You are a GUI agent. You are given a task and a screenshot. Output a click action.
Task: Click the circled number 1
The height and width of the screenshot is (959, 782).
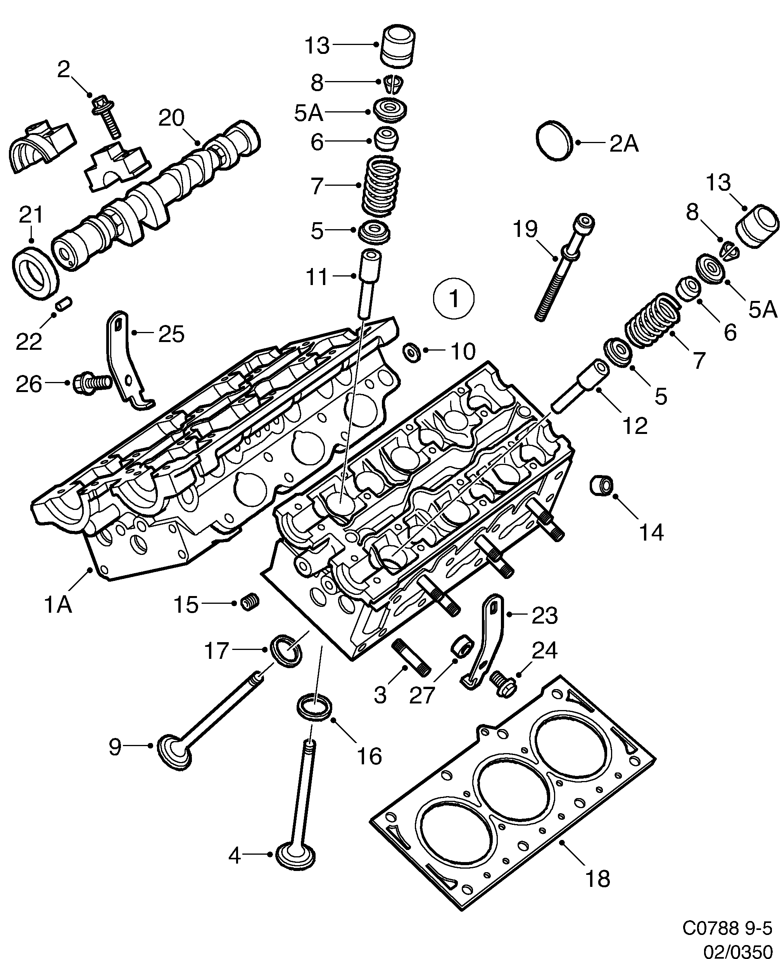[454, 299]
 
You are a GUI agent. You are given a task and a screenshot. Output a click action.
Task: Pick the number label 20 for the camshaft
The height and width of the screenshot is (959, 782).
[172, 118]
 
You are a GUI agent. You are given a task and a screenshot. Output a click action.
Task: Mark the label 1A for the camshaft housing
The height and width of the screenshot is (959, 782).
[58, 605]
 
